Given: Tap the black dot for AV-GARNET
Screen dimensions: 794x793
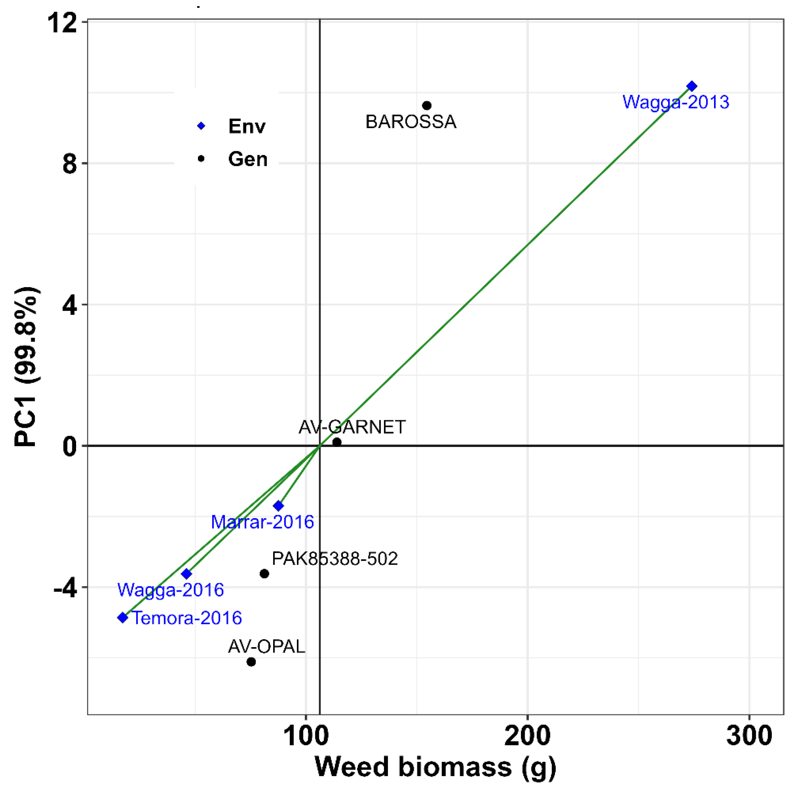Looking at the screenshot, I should click(x=337, y=442).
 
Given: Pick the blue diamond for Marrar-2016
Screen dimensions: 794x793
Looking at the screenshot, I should click(x=279, y=506).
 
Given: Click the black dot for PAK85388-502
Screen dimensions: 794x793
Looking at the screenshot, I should click(x=264, y=573).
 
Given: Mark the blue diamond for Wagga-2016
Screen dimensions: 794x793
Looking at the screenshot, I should click(x=187, y=573).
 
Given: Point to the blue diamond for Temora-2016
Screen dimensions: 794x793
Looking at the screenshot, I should click(x=122, y=617).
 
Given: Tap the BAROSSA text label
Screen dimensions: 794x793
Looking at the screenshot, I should click(x=411, y=122).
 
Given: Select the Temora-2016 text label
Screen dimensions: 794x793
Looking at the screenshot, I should click(x=187, y=618).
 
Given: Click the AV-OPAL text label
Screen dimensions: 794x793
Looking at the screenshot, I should click(x=266, y=647).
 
